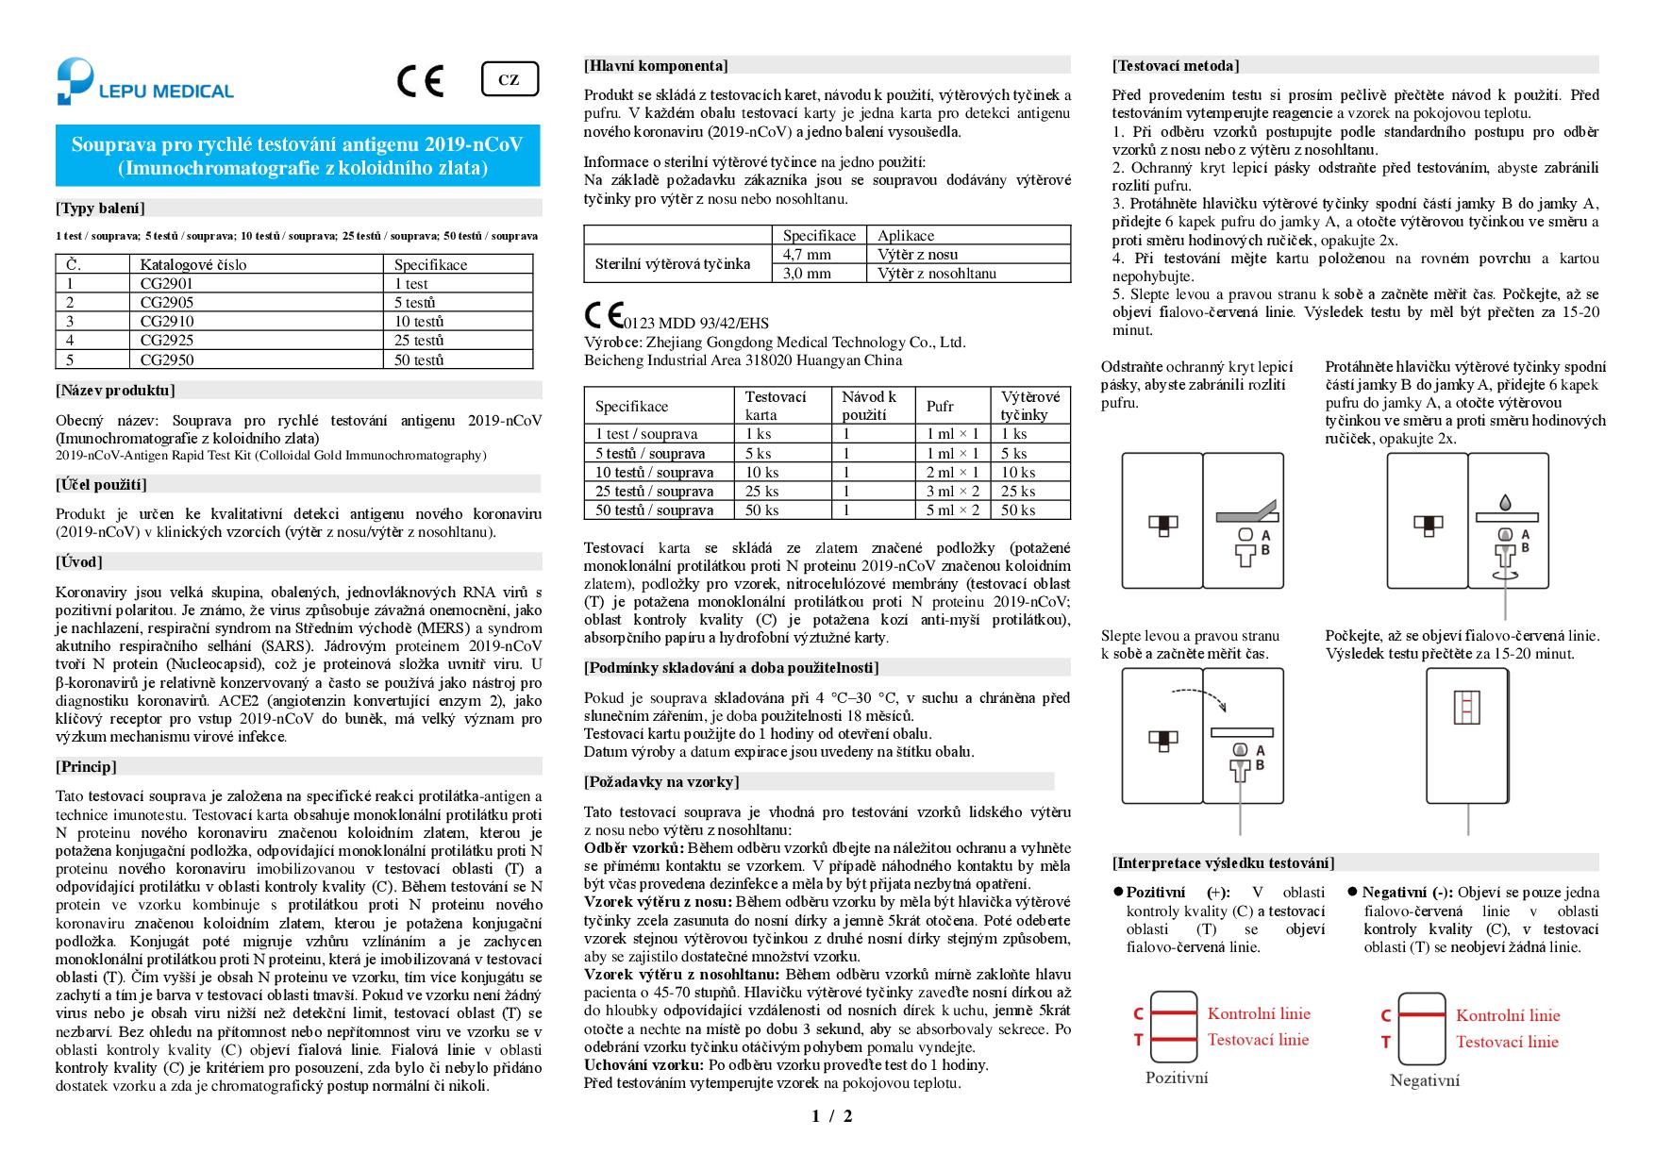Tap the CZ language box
[509, 80]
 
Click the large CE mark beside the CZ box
[420, 81]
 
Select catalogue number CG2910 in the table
[167, 322]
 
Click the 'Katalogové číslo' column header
[193, 265]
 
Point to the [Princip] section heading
[87, 767]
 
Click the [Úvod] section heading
[79, 562]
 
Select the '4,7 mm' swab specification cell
[807, 255]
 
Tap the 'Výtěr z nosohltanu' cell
[936, 274]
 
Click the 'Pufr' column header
[940, 407]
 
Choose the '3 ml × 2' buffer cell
[952, 492]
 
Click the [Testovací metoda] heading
[1176, 66]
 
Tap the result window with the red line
[1466, 706]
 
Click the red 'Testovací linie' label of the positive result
[1258, 1040]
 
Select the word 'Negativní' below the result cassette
[1424, 1080]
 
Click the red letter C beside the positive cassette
[1139, 1014]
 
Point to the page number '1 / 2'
[831, 1117]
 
